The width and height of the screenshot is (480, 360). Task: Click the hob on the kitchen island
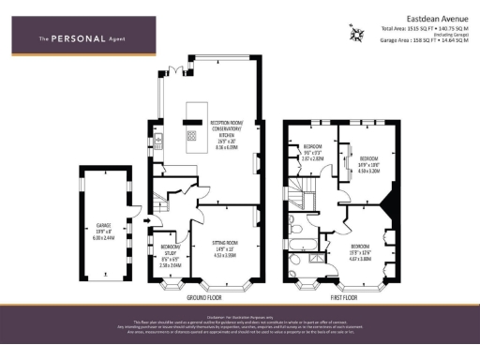pos(192,135)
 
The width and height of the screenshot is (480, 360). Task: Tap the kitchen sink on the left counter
pos(158,142)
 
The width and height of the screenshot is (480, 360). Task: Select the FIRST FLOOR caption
pos(344,296)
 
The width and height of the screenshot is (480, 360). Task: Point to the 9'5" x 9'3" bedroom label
pos(311,153)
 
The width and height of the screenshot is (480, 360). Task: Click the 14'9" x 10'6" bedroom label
pos(366,165)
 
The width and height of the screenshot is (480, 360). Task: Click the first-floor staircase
pos(302,199)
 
